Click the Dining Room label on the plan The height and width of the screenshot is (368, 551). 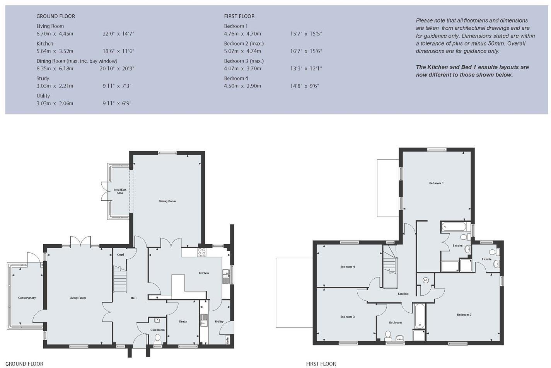[x=167, y=201]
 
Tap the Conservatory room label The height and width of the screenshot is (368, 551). [x=27, y=298]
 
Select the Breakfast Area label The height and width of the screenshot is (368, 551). [x=120, y=191]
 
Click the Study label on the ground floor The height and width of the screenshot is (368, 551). [x=183, y=321]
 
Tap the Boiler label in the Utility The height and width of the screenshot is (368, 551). [x=227, y=340]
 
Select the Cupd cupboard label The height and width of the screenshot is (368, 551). [x=120, y=255]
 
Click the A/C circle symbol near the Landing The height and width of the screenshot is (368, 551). [x=426, y=280]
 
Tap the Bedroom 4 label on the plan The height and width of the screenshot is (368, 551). [x=347, y=267]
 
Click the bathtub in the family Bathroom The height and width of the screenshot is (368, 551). [x=419, y=315]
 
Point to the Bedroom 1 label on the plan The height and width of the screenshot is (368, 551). [x=436, y=183]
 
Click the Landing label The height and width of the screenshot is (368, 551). [x=403, y=294]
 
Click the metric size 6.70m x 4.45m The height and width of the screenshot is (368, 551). [x=55, y=34]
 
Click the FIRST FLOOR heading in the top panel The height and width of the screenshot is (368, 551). [x=239, y=16]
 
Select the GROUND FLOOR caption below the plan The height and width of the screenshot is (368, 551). [x=24, y=364]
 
